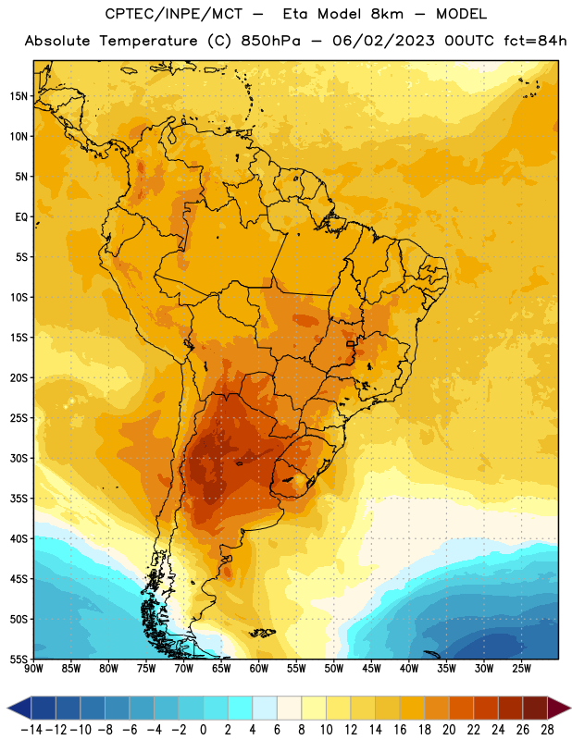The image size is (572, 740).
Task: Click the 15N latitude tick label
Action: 19,96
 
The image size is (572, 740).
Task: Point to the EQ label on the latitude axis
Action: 21,217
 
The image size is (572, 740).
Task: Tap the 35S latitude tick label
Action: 19,499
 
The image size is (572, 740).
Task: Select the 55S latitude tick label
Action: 19,660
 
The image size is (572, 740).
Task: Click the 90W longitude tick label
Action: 33,669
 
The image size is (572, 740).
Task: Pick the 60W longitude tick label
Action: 259,669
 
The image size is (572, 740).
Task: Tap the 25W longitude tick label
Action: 521,669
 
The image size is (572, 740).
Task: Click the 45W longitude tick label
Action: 372,669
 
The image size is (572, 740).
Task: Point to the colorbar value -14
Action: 31,730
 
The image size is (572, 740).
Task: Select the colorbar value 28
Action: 548,730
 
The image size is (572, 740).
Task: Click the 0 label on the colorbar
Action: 204,730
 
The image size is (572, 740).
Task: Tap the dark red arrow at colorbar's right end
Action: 559,708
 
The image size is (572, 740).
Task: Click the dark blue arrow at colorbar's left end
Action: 19,708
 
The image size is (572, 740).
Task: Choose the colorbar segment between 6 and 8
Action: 290,708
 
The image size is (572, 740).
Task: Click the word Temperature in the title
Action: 148,41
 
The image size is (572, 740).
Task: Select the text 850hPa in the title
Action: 270,41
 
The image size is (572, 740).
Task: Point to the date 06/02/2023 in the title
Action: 383,41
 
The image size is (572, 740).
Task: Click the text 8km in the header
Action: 387,14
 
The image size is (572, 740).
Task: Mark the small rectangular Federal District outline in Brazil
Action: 351,344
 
